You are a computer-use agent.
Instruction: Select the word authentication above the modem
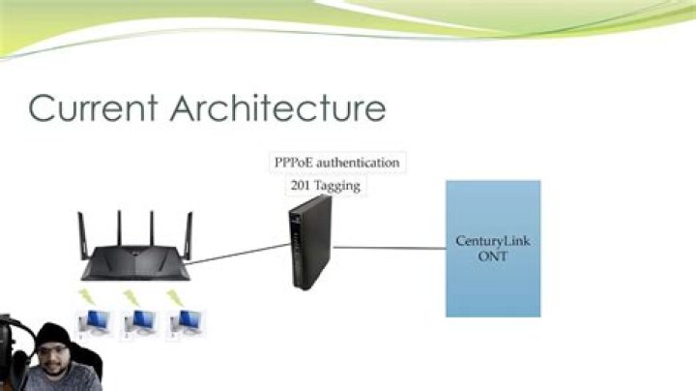tap(359, 163)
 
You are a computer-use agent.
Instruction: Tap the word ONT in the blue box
tap(492, 256)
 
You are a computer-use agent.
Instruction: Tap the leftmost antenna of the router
tap(81, 232)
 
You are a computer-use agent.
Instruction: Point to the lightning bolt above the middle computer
tap(130, 295)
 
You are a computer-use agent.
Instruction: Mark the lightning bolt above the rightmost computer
tap(176, 295)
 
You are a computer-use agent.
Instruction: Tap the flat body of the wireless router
tap(135, 265)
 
